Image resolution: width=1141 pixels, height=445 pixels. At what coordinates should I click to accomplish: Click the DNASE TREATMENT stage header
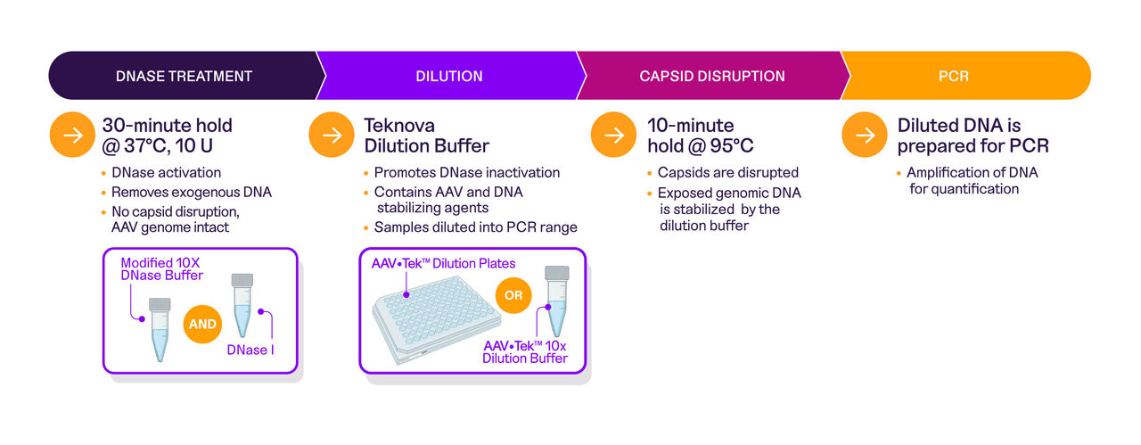pos(184,76)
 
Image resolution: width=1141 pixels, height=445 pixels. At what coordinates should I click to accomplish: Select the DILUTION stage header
pos(449,76)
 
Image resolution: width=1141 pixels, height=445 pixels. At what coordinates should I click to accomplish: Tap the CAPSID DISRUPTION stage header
pos(711,76)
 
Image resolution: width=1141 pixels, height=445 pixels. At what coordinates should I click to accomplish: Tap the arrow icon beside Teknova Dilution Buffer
pos(332,135)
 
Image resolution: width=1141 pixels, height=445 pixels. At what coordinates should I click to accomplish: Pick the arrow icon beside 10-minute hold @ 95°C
pos(614,135)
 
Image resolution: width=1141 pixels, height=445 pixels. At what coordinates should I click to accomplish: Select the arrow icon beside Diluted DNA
pos(865,135)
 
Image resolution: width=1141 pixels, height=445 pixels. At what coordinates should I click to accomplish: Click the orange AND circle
pos(202,324)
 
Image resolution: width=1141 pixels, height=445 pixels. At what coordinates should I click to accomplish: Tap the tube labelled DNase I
pos(242,304)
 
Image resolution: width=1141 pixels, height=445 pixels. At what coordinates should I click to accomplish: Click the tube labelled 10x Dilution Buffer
pos(556,300)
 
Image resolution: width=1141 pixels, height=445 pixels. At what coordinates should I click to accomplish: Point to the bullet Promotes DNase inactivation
pos(467,172)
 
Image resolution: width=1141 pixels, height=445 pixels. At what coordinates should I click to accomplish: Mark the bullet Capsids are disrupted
pos(727,172)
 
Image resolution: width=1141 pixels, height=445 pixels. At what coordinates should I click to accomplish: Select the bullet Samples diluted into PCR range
pos(475,227)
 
